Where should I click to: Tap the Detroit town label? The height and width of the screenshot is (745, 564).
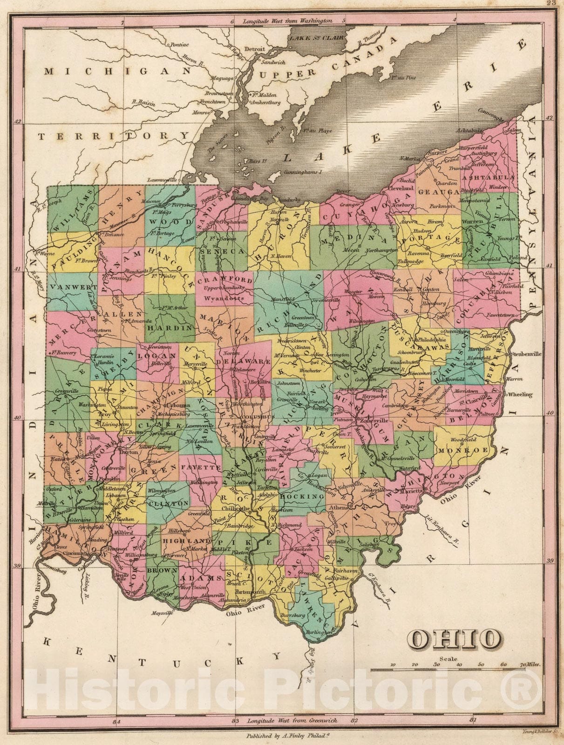255,49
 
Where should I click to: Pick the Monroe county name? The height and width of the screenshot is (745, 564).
464,450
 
